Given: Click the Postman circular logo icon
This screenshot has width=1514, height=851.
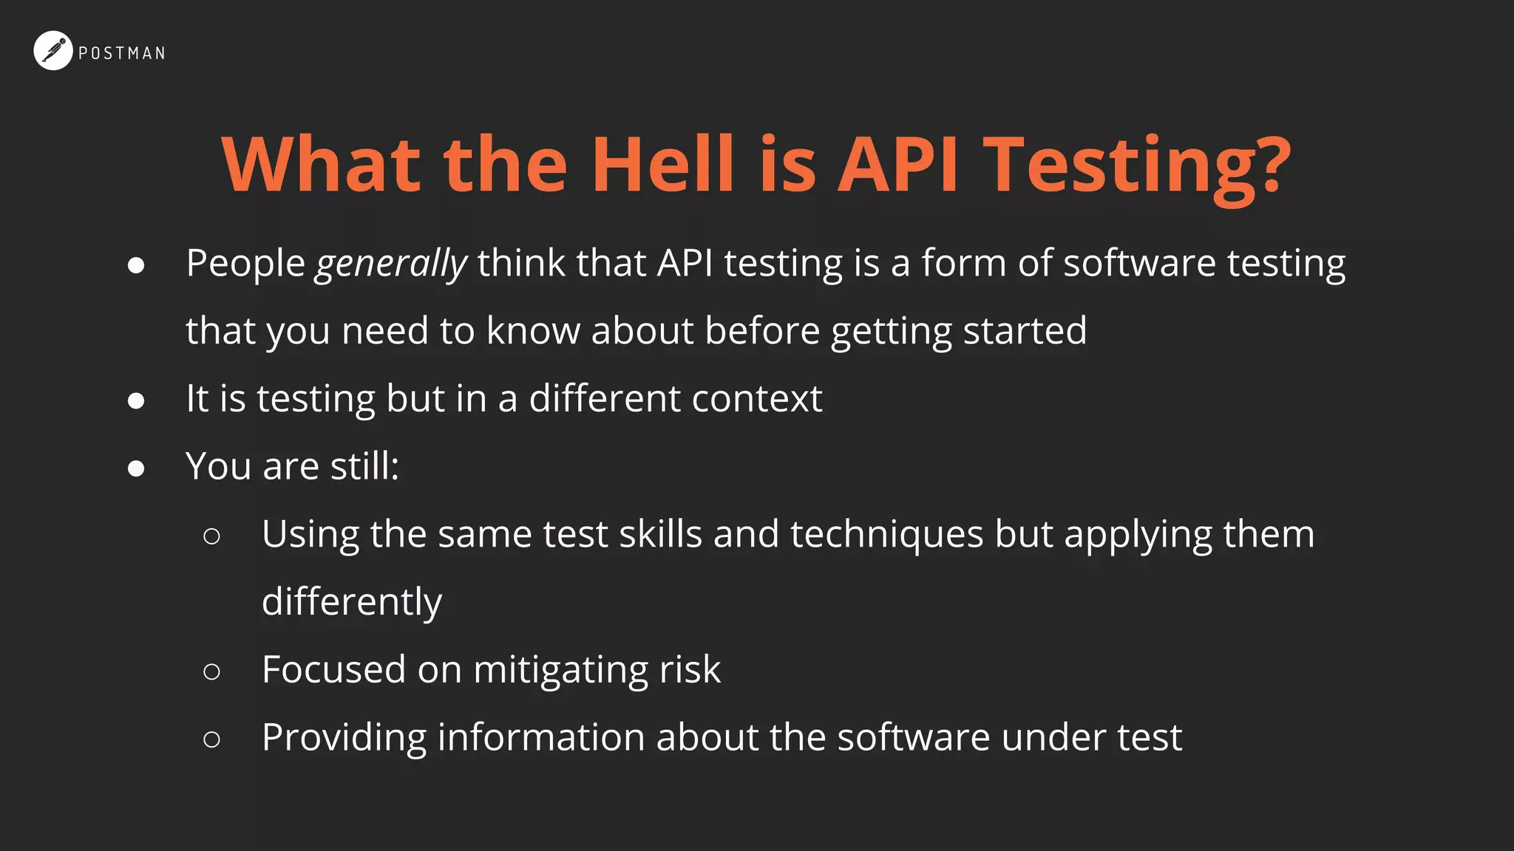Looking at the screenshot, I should pyautogui.click(x=52, y=51).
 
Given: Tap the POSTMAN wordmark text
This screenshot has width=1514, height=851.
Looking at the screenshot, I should pyautogui.click(x=122, y=53).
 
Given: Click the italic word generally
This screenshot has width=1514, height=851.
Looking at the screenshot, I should pyautogui.click(x=391, y=264).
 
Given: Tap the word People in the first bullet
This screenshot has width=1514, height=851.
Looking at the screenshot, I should pyautogui.click(x=245, y=264).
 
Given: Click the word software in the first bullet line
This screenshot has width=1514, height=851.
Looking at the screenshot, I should pyautogui.click(x=1139, y=264).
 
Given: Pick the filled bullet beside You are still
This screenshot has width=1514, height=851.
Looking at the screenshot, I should pyautogui.click(x=136, y=468).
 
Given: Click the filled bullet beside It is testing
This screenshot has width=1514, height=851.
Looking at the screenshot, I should pyautogui.click(x=136, y=400).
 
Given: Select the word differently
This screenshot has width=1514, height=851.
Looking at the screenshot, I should pyautogui.click(x=352, y=602).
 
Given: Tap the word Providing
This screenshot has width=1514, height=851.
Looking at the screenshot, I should pyautogui.click(x=344, y=738).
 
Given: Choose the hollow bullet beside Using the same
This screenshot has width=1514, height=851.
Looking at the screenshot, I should pyautogui.click(x=211, y=536).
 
